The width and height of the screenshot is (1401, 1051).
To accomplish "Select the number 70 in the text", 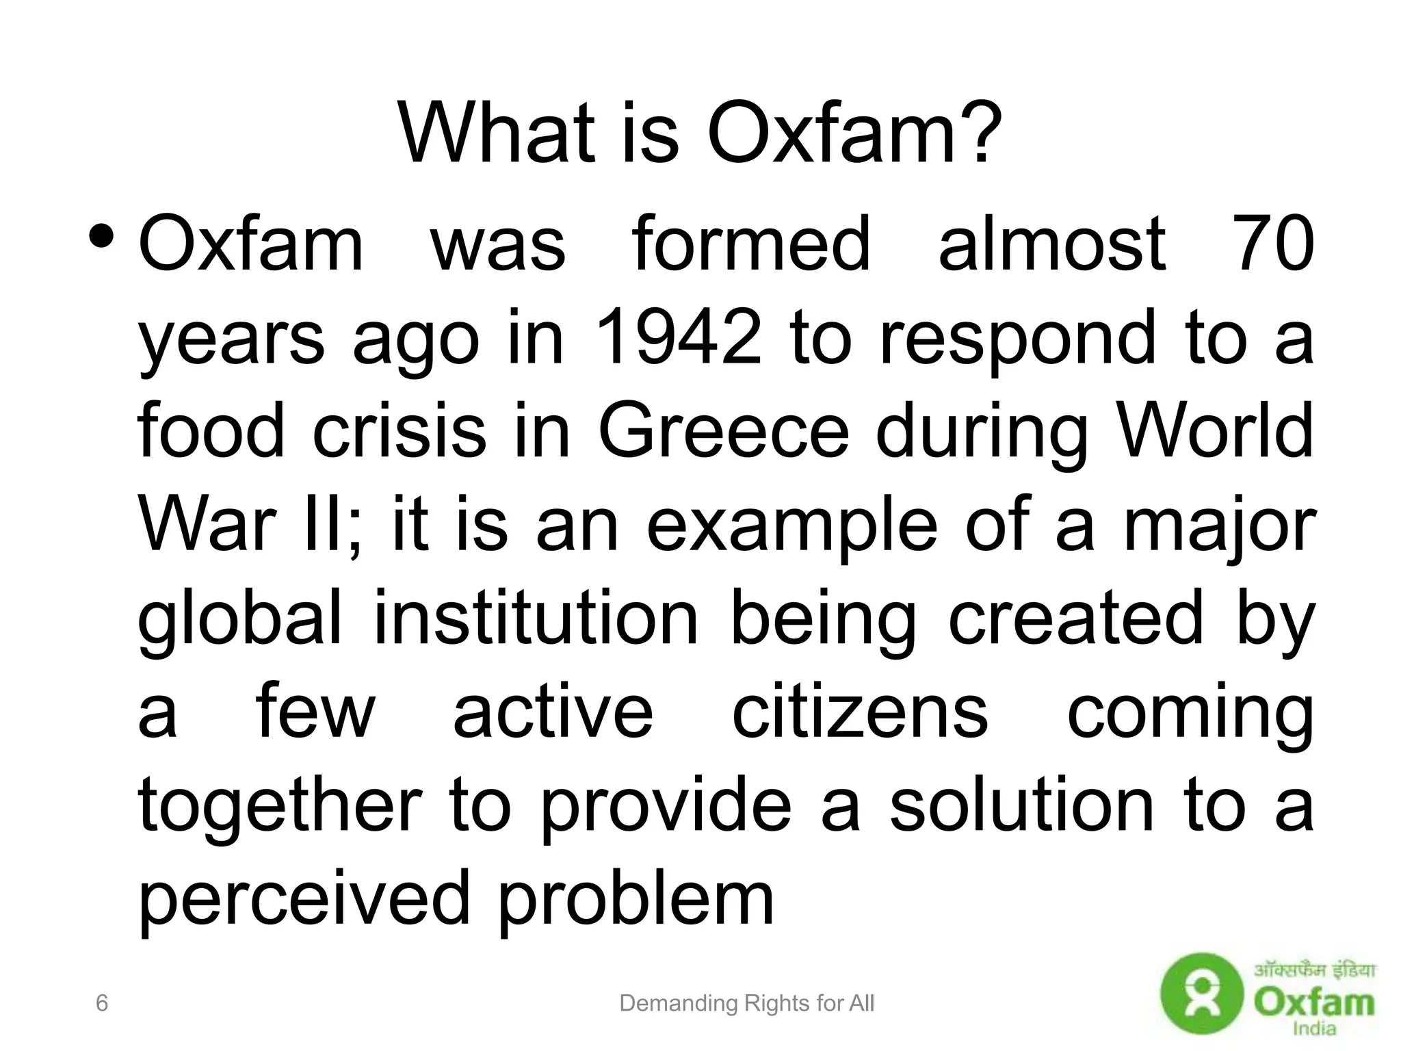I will tap(1273, 244).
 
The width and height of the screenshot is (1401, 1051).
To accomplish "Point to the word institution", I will tap(536, 618).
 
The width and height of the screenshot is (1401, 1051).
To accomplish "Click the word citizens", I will tap(860, 712).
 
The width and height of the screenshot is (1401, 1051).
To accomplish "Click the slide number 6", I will tap(102, 1003).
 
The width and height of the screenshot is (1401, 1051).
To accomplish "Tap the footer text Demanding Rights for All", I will tap(746, 1004).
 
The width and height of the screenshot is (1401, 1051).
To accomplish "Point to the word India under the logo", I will tap(1314, 1028).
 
